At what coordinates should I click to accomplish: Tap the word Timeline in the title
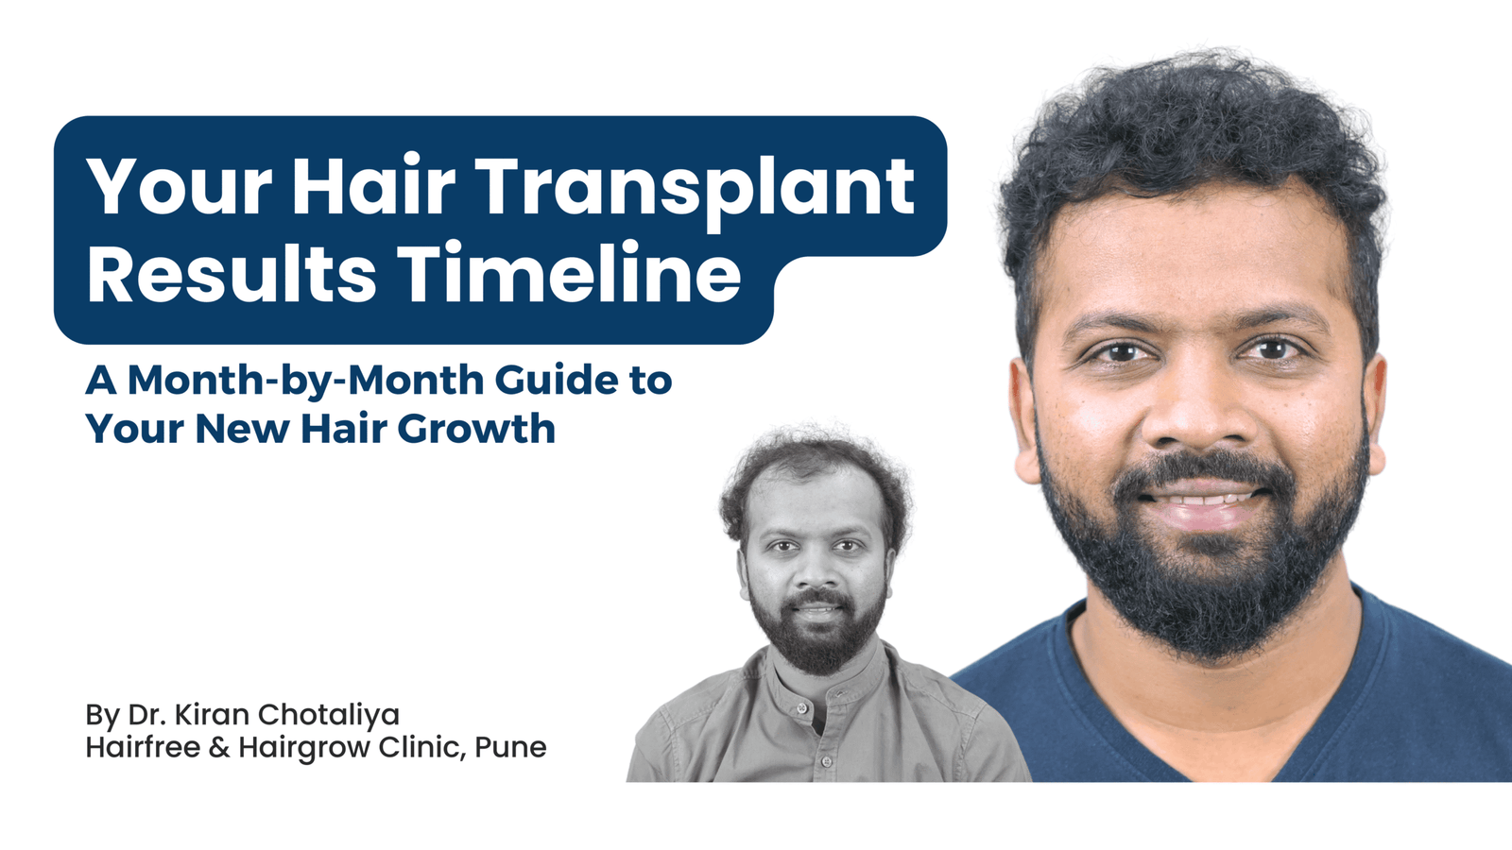[x=569, y=274]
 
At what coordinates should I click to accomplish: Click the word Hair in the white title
[x=373, y=185]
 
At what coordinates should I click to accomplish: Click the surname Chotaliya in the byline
[x=328, y=714]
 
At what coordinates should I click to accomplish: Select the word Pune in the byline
[x=510, y=747]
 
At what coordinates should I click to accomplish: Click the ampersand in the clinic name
[x=219, y=747]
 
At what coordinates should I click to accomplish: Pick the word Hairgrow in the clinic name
[x=304, y=748]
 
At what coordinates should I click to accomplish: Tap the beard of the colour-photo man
[x=1205, y=586]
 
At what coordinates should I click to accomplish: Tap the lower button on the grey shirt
[x=826, y=761]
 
